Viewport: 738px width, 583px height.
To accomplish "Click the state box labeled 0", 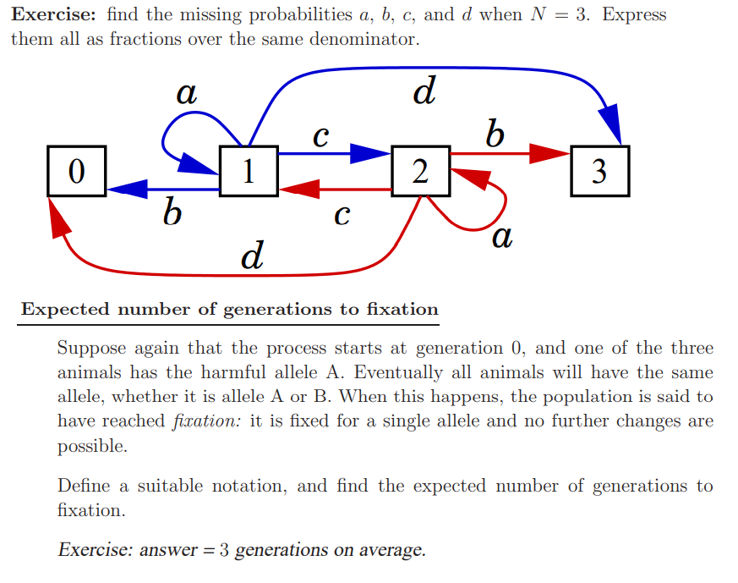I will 76,171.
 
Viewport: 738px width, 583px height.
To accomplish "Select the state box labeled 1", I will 248,171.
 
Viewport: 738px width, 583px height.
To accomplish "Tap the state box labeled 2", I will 420,171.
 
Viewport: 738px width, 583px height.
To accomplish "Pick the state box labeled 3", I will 599,171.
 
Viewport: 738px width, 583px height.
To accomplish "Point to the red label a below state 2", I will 501,238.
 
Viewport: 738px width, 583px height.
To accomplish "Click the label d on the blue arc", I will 424,91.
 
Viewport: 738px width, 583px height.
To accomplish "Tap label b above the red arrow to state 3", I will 495,133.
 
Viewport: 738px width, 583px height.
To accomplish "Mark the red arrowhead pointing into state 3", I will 550,153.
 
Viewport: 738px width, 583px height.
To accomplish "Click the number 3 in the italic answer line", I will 224,551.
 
